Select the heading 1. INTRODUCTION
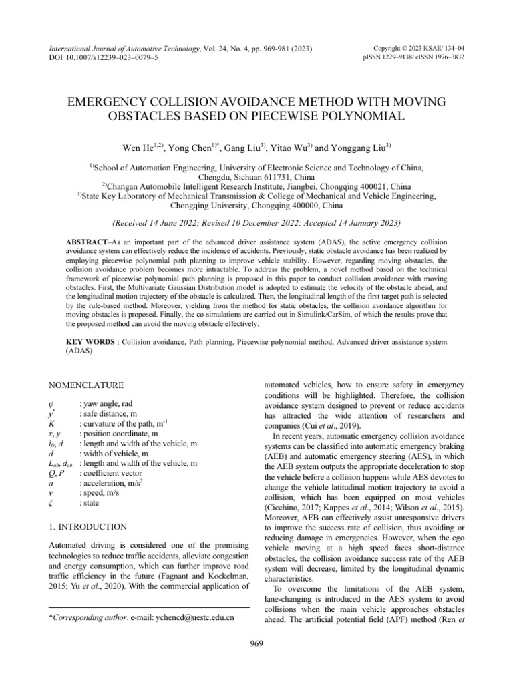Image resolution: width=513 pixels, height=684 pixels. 89,508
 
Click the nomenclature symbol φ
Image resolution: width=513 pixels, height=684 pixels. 53,404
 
